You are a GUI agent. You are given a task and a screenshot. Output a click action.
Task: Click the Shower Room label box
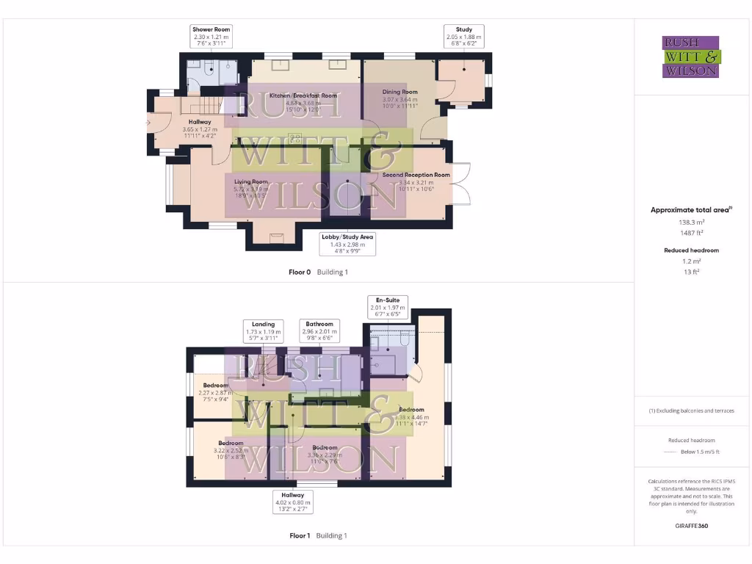coord(211,37)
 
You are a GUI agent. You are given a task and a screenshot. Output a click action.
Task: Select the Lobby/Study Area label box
coord(348,244)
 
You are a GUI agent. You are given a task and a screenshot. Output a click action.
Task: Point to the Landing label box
coord(263,330)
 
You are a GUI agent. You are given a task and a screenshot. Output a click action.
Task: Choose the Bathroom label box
coord(319,330)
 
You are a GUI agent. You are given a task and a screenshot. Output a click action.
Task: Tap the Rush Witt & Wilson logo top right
coord(692,57)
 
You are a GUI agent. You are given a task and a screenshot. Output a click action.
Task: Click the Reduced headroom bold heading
coord(691,250)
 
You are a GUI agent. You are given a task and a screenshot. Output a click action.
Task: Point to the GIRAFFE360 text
coord(691,526)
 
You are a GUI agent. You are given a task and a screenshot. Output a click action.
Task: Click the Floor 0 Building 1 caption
coord(318,272)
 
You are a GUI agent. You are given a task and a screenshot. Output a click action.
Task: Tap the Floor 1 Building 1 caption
coord(318,535)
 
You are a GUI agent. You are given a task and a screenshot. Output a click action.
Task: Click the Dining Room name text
coord(399,92)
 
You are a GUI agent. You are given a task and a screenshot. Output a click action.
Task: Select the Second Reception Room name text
coord(416,175)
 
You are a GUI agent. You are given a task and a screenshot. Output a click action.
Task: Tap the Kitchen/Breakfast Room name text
coord(303,95)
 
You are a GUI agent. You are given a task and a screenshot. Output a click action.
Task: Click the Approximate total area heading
coord(690,210)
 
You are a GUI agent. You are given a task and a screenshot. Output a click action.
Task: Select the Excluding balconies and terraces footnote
coord(691,411)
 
